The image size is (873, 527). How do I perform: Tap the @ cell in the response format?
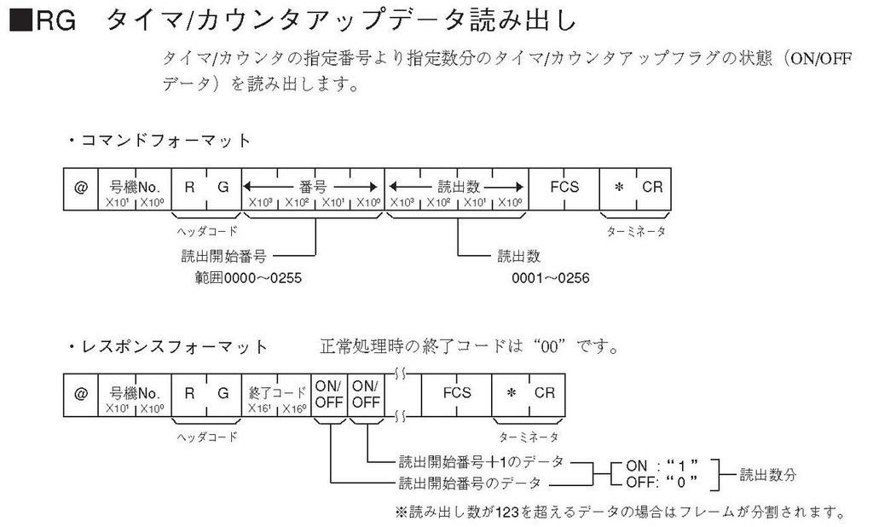(x=81, y=395)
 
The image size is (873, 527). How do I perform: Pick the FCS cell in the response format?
(x=456, y=393)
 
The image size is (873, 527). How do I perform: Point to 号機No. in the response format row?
(x=136, y=392)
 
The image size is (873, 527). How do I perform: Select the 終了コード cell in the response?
(x=277, y=392)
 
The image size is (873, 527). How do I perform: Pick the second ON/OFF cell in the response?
(x=367, y=394)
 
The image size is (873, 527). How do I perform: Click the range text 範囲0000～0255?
(x=248, y=278)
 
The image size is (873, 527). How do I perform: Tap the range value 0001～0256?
(x=551, y=278)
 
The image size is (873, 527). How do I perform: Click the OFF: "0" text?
(x=662, y=483)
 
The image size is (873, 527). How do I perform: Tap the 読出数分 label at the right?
(x=768, y=473)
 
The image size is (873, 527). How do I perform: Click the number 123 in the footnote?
(x=509, y=513)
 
